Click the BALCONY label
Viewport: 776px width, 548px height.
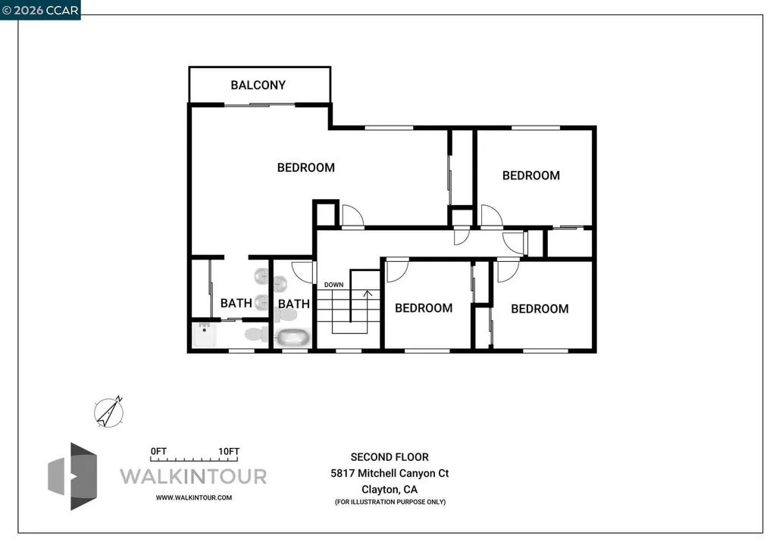(x=258, y=85)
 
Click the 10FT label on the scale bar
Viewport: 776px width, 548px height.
(x=229, y=451)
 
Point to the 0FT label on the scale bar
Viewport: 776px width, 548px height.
(x=158, y=451)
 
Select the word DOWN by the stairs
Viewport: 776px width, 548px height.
(x=333, y=285)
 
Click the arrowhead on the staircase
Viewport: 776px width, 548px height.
(x=368, y=291)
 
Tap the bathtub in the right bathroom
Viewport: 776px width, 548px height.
(x=293, y=338)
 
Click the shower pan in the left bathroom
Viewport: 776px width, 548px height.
(x=205, y=335)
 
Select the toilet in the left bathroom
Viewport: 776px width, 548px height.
(x=253, y=334)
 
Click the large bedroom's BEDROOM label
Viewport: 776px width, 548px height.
(x=305, y=167)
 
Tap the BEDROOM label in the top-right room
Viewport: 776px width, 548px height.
(x=530, y=175)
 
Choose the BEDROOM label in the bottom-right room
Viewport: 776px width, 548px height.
(x=539, y=308)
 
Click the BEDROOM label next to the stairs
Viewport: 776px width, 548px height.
(x=423, y=307)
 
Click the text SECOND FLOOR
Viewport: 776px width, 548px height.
(x=389, y=456)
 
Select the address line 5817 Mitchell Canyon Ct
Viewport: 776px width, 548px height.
(x=389, y=473)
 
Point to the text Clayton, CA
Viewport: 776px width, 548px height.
(x=389, y=489)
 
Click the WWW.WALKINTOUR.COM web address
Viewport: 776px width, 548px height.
(x=193, y=497)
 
